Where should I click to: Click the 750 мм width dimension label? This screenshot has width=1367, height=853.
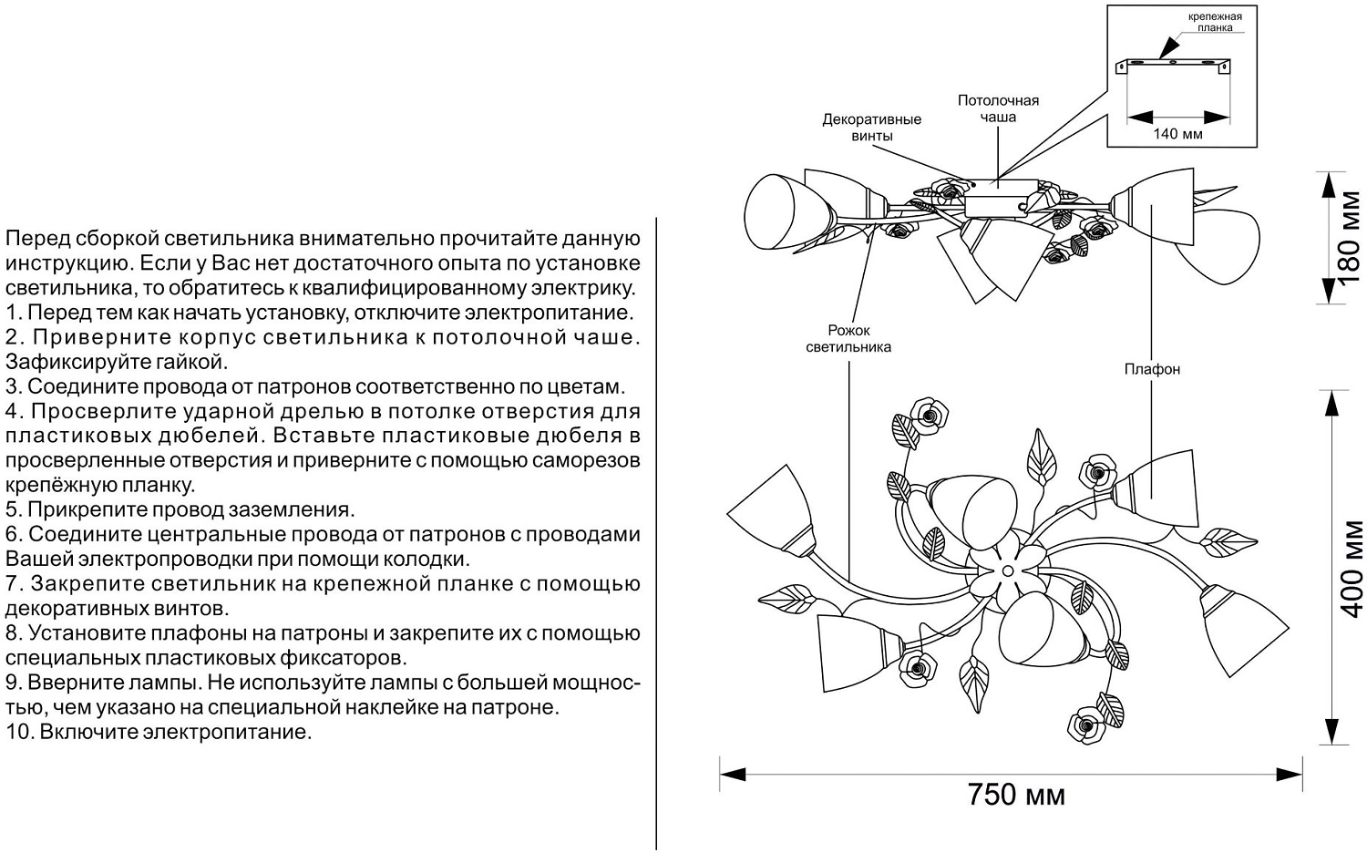[x=1016, y=795]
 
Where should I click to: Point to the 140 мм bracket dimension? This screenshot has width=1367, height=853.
[x=1177, y=134]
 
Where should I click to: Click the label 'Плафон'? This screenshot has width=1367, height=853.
[x=1152, y=369]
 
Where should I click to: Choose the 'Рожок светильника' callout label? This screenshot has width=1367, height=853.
[x=848, y=339]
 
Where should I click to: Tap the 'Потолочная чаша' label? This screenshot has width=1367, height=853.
[x=998, y=108]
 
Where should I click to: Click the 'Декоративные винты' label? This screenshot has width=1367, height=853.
[x=871, y=128]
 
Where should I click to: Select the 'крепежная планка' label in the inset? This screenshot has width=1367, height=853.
[x=1215, y=22]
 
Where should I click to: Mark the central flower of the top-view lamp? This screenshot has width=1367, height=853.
[x=1008, y=572]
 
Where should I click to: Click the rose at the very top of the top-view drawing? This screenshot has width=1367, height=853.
[x=930, y=416]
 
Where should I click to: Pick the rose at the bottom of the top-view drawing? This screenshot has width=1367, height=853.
[x=1087, y=725]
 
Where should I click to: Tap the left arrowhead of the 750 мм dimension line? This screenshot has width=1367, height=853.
[x=733, y=775]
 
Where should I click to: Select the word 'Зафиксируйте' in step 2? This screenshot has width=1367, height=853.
[x=74, y=362]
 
